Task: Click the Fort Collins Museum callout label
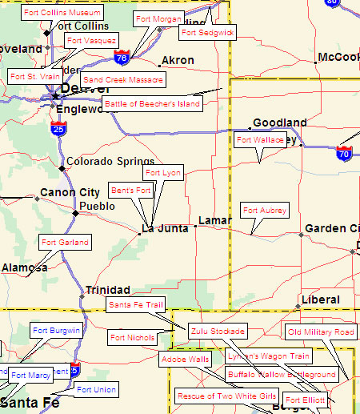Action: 62,13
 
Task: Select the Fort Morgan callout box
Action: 158,18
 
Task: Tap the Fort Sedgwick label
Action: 207,32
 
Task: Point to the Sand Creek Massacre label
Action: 123,80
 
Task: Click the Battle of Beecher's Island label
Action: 152,104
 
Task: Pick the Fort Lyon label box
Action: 163,173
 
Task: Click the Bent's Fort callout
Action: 131,191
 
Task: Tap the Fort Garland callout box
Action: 65,242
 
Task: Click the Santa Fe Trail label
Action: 136,305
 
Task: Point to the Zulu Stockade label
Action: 218,330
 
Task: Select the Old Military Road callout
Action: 321,332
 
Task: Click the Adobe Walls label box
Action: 186,359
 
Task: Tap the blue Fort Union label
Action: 96,390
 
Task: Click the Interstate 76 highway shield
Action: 122,58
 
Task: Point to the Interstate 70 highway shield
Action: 344,152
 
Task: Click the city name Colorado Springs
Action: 110,162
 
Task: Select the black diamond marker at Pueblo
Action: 76,213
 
